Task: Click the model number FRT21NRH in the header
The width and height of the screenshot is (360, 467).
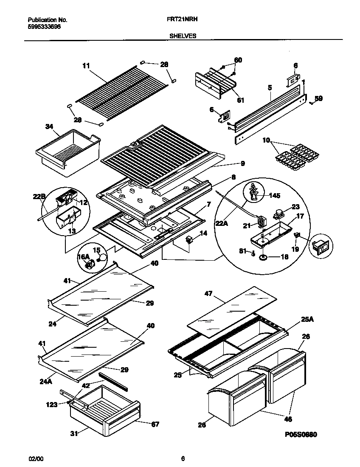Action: coord(183,20)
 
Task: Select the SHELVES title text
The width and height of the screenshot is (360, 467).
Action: coord(183,36)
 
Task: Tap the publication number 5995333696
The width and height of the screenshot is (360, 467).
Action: coord(44,26)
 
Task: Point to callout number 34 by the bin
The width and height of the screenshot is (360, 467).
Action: coord(50,126)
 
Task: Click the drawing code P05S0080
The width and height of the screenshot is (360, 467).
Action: coord(301,434)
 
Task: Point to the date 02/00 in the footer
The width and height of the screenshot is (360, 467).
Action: coord(36,459)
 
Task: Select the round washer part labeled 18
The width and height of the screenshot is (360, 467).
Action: coord(262,257)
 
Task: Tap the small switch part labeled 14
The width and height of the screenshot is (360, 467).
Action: coord(188,241)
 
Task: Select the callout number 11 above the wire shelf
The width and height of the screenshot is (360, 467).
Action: coord(86,65)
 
